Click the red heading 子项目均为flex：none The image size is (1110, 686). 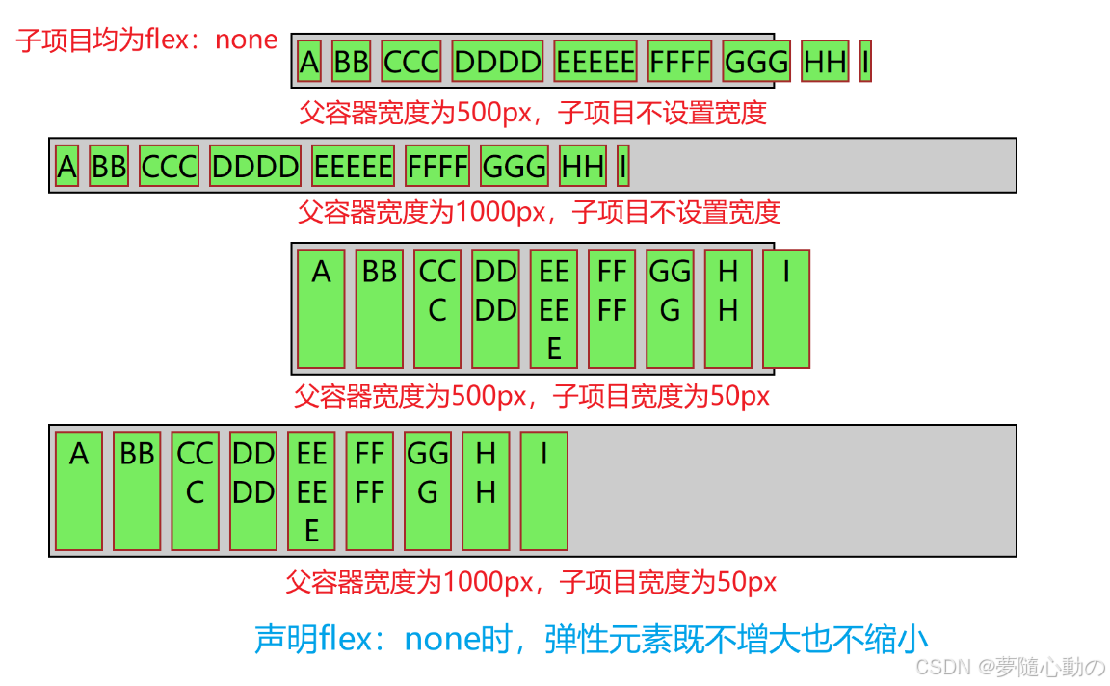[146, 40]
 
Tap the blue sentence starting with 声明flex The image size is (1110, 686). [591, 639]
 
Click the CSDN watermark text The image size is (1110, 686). [1010, 667]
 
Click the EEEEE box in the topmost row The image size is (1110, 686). [595, 62]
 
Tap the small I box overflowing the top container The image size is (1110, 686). [865, 62]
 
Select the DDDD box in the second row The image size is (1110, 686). [255, 167]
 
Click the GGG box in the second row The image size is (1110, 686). [514, 167]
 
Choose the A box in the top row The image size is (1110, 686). [309, 62]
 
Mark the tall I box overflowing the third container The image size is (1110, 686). [786, 308]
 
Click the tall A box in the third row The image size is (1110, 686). [321, 308]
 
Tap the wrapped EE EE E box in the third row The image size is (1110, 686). [554, 308]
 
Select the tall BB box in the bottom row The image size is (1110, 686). [137, 490]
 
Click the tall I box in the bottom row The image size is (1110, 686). [544, 490]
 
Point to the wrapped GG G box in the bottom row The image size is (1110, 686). [428, 490]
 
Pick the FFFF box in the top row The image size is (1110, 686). [679, 62]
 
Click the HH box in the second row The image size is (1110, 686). [583, 167]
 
